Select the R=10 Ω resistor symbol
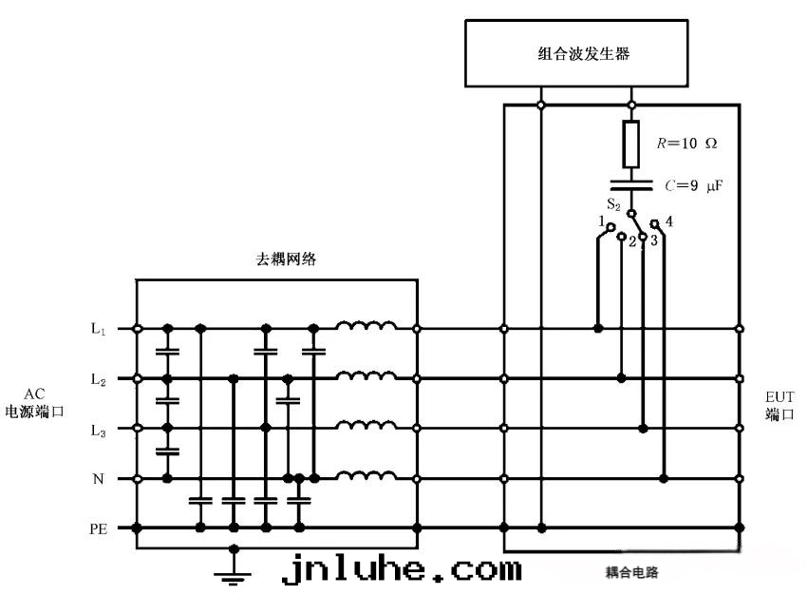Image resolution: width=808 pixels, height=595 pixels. pos(632,144)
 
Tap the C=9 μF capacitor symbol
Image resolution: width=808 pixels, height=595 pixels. pos(632,182)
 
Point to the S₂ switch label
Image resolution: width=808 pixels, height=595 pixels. pos(613,203)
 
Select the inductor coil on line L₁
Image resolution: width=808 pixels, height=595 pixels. pos(366,328)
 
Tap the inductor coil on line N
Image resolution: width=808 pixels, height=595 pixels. pos(366,476)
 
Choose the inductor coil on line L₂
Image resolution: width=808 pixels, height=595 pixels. pos(366,377)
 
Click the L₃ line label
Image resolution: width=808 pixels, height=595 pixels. pos(98,429)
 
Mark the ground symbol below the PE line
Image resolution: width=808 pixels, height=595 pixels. pos(234,568)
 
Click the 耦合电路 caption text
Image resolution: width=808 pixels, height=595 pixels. pos(632,573)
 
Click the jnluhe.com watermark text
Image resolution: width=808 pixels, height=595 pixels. pos(403,569)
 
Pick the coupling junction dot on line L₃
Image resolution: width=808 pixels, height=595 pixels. pos(643,429)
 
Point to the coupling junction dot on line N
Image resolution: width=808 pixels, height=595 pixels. pos(664,478)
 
